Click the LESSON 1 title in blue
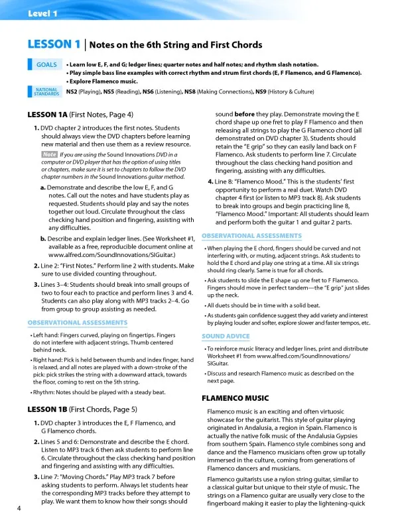pyautogui.click(x=54, y=44)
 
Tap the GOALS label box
pyautogui.click(x=46, y=65)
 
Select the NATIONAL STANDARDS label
pyautogui.click(x=46, y=92)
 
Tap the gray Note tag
pyautogui.click(x=50, y=154)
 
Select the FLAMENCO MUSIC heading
pyautogui.click(x=235, y=398)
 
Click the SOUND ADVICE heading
pyautogui.click(x=226, y=337)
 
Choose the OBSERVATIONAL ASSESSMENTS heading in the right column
pyautogui.click(x=251, y=236)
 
